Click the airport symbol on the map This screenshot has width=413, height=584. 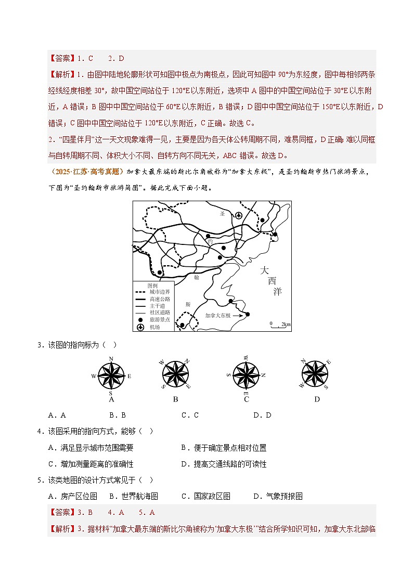pyautogui.click(x=239, y=215)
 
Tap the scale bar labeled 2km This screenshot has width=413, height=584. pyautogui.click(x=280, y=325)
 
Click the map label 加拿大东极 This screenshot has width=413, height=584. pyautogui.click(x=217, y=315)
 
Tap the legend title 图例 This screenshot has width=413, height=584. pyautogui.click(x=152, y=285)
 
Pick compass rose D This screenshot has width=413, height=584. pyautogui.click(x=316, y=374)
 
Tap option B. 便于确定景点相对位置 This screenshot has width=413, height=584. pyautogui.click(x=224, y=448)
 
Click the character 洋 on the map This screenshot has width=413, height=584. pyautogui.click(x=277, y=291)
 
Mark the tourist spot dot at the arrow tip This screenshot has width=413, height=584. pyautogui.click(x=248, y=314)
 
